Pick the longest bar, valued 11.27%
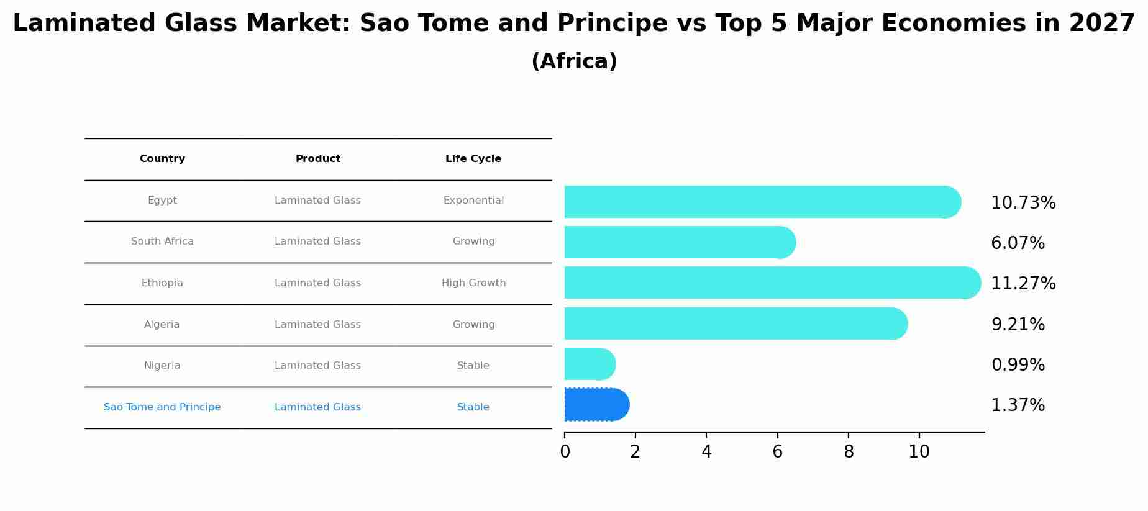tap(770, 283)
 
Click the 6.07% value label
tap(1018, 243)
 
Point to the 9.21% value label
tap(1018, 325)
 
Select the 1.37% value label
tap(1018, 405)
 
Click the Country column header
tap(162, 159)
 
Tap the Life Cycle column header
tap(473, 159)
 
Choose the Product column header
tap(317, 159)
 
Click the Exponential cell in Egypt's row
tap(473, 201)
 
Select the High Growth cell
tap(473, 283)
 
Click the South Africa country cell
tap(162, 242)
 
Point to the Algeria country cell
tap(162, 325)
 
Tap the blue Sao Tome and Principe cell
tap(162, 407)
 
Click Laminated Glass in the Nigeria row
tap(317, 366)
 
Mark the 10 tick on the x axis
tap(919, 452)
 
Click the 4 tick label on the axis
tap(706, 452)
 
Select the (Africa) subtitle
tap(574, 61)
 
